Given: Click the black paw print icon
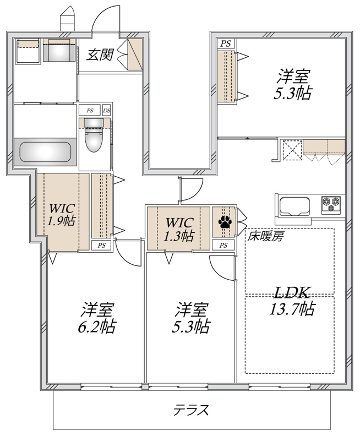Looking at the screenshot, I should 225,222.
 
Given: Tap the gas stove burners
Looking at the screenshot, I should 332,203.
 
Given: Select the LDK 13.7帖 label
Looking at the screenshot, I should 291,301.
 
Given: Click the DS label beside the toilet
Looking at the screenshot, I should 106,111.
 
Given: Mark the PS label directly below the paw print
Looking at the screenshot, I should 224,245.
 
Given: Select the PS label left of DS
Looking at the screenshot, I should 89,111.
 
